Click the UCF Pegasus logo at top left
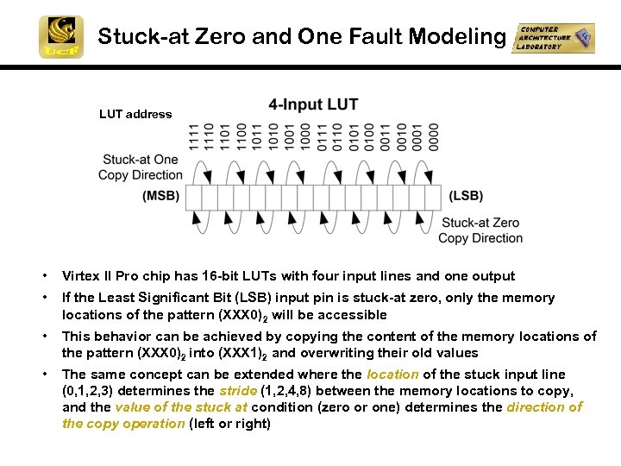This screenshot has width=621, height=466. (x=60, y=37)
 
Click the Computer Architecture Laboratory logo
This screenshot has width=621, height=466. (x=553, y=38)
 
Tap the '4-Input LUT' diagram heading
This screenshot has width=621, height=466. (x=313, y=105)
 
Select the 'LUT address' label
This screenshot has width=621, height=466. (x=135, y=114)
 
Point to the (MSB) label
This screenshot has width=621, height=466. (x=161, y=196)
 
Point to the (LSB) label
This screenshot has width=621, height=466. (x=466, y=196)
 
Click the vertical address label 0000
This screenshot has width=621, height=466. (x=434, y=137)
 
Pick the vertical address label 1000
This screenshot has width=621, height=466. (x=306, y=137)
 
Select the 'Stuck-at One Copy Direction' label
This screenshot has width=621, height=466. (x=141, y=167)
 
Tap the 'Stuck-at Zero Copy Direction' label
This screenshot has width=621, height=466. (x=480, y=230)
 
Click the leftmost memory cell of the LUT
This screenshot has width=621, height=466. (x=196, y=196)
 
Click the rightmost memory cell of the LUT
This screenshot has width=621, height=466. (x=434, y=196)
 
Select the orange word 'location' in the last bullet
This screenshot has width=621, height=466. (x=392, y=375)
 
